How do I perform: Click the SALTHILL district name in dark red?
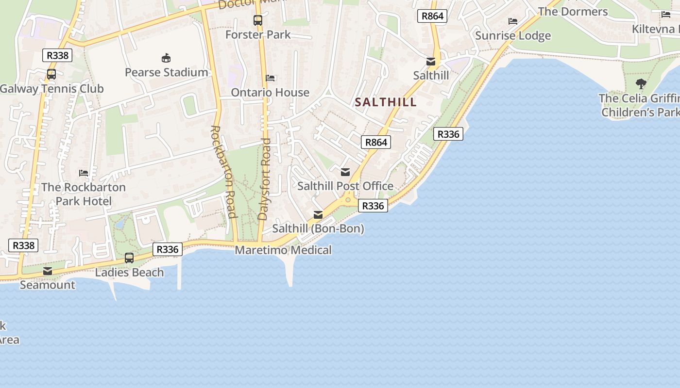pyautogui.click(x=386, y=102)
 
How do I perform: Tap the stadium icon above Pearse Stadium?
pyautogui.click(x=166, y=58)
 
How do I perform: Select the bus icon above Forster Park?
pyautogui.click(x=258, y=20)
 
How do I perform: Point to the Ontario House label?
pyautogui.click(x=270, y=92)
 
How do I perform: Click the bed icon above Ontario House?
pyautogui.click(x=270, y=78)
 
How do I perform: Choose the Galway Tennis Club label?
pyautogui.click(x=52, y=89)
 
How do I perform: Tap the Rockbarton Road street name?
pyautogui.click(x=223, y=172)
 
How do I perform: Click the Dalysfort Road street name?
pyautogui.click(x=264, y=179)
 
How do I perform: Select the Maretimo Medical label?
pyautogui.click(x=283, y=250)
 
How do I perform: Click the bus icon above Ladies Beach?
pyautogui.click(x=129, y=258)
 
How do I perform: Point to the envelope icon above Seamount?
pyautogui.click(x=48, y=271)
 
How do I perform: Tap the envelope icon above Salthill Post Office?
pyautogui.click(x=345, y=172)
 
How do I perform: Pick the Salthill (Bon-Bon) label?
pyautogui.click(x=318, y=228)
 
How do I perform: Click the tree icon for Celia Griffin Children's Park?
pyautogui.click(x=641, y=84)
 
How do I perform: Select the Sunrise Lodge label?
pyautogui.click(x=513, y=35)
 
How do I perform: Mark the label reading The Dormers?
pyautogui.click(x=573, y=12)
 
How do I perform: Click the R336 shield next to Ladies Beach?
pyautogui.click(x=168, y=249)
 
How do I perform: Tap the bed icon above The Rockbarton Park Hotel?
pyautogui.click(x=84, y=173)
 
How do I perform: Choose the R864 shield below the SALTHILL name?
pyautogui.click(x=376, y=142)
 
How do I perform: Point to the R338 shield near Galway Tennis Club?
pyautogui.click(x=57, y=55)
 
